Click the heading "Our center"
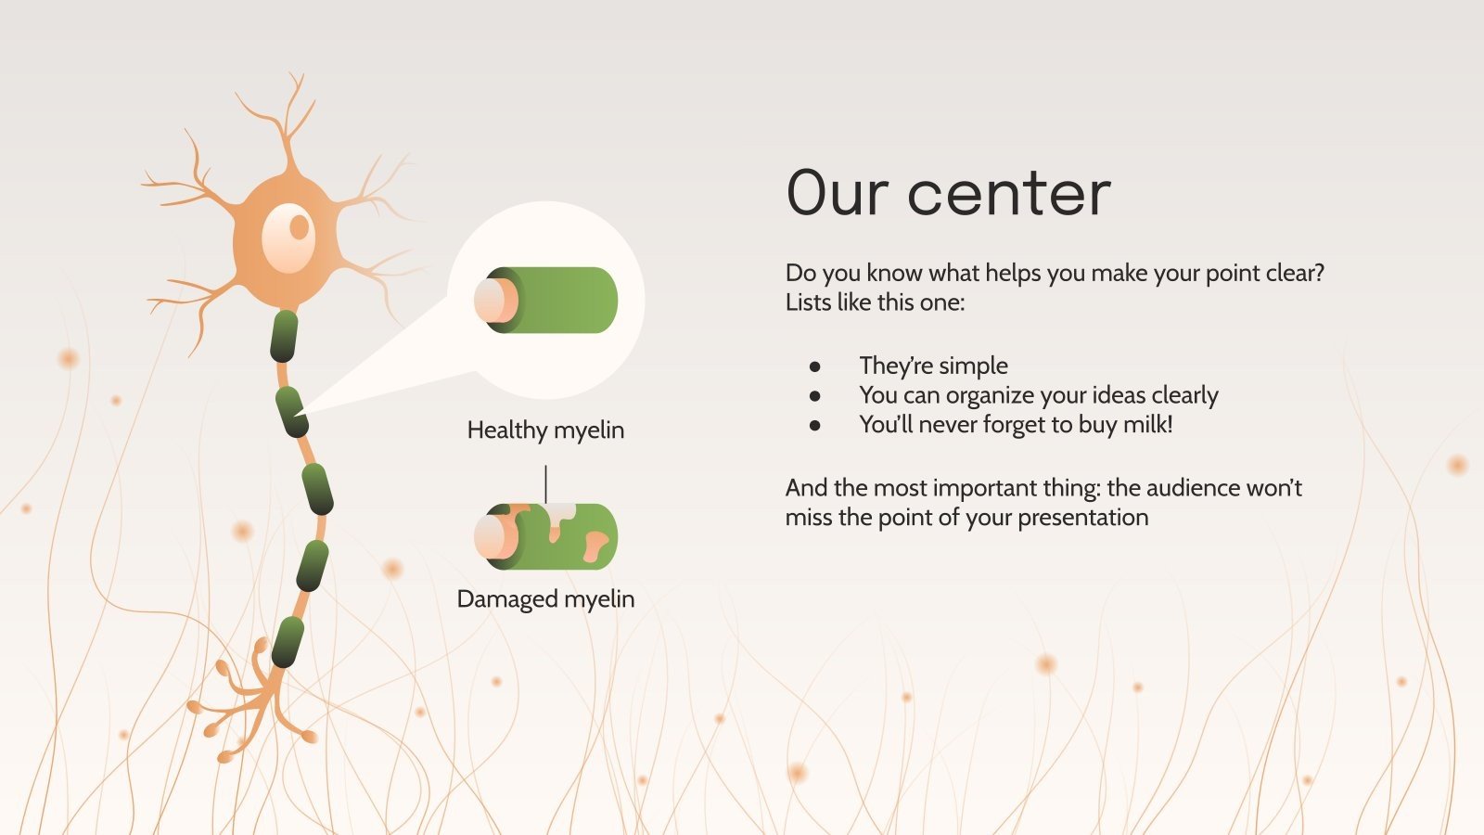[948, 192]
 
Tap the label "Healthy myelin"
[545, 430]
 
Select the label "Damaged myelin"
[545, 599]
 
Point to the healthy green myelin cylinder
[546, 300]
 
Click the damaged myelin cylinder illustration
[546, 536]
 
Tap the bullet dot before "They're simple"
[815, 366]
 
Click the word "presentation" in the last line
[1082, 518]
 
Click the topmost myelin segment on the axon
[284, 336]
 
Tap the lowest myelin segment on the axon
[288, 641]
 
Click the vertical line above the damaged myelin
[546, 483]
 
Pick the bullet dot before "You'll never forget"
[815, 426]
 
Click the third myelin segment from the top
[317, 489]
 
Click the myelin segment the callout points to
[291, 412]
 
